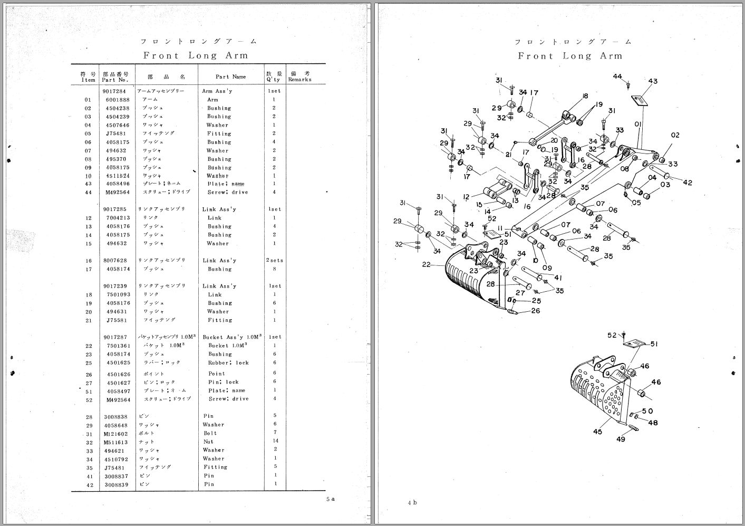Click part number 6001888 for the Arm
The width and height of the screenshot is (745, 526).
coord(117,100)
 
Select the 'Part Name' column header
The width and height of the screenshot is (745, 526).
coord(231,76)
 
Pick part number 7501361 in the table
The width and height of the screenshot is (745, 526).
coord(117,346)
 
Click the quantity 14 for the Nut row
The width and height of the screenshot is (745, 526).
coord(275,441)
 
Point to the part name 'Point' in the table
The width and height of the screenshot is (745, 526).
coord(216,374)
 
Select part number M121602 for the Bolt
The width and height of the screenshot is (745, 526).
coord(117,433)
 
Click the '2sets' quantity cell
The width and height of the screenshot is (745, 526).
coord(275,261)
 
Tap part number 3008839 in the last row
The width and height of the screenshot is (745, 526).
coord(117,484)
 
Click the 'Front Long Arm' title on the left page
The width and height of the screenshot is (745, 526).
coord(196,55)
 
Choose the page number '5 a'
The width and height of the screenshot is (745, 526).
coord(330,499)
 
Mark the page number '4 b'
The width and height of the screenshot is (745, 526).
coord(412,503)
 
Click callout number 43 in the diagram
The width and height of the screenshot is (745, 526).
coord(653,81)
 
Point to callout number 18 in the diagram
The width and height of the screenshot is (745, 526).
coord(585,96)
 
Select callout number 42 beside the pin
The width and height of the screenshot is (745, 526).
coord(688,183)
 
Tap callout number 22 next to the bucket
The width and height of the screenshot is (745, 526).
coord(427,265)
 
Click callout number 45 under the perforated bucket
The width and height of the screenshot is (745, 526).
coord(597,432)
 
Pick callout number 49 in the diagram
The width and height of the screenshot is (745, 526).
coord(621,439)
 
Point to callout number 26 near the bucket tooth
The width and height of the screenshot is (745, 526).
coord(536,311)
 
